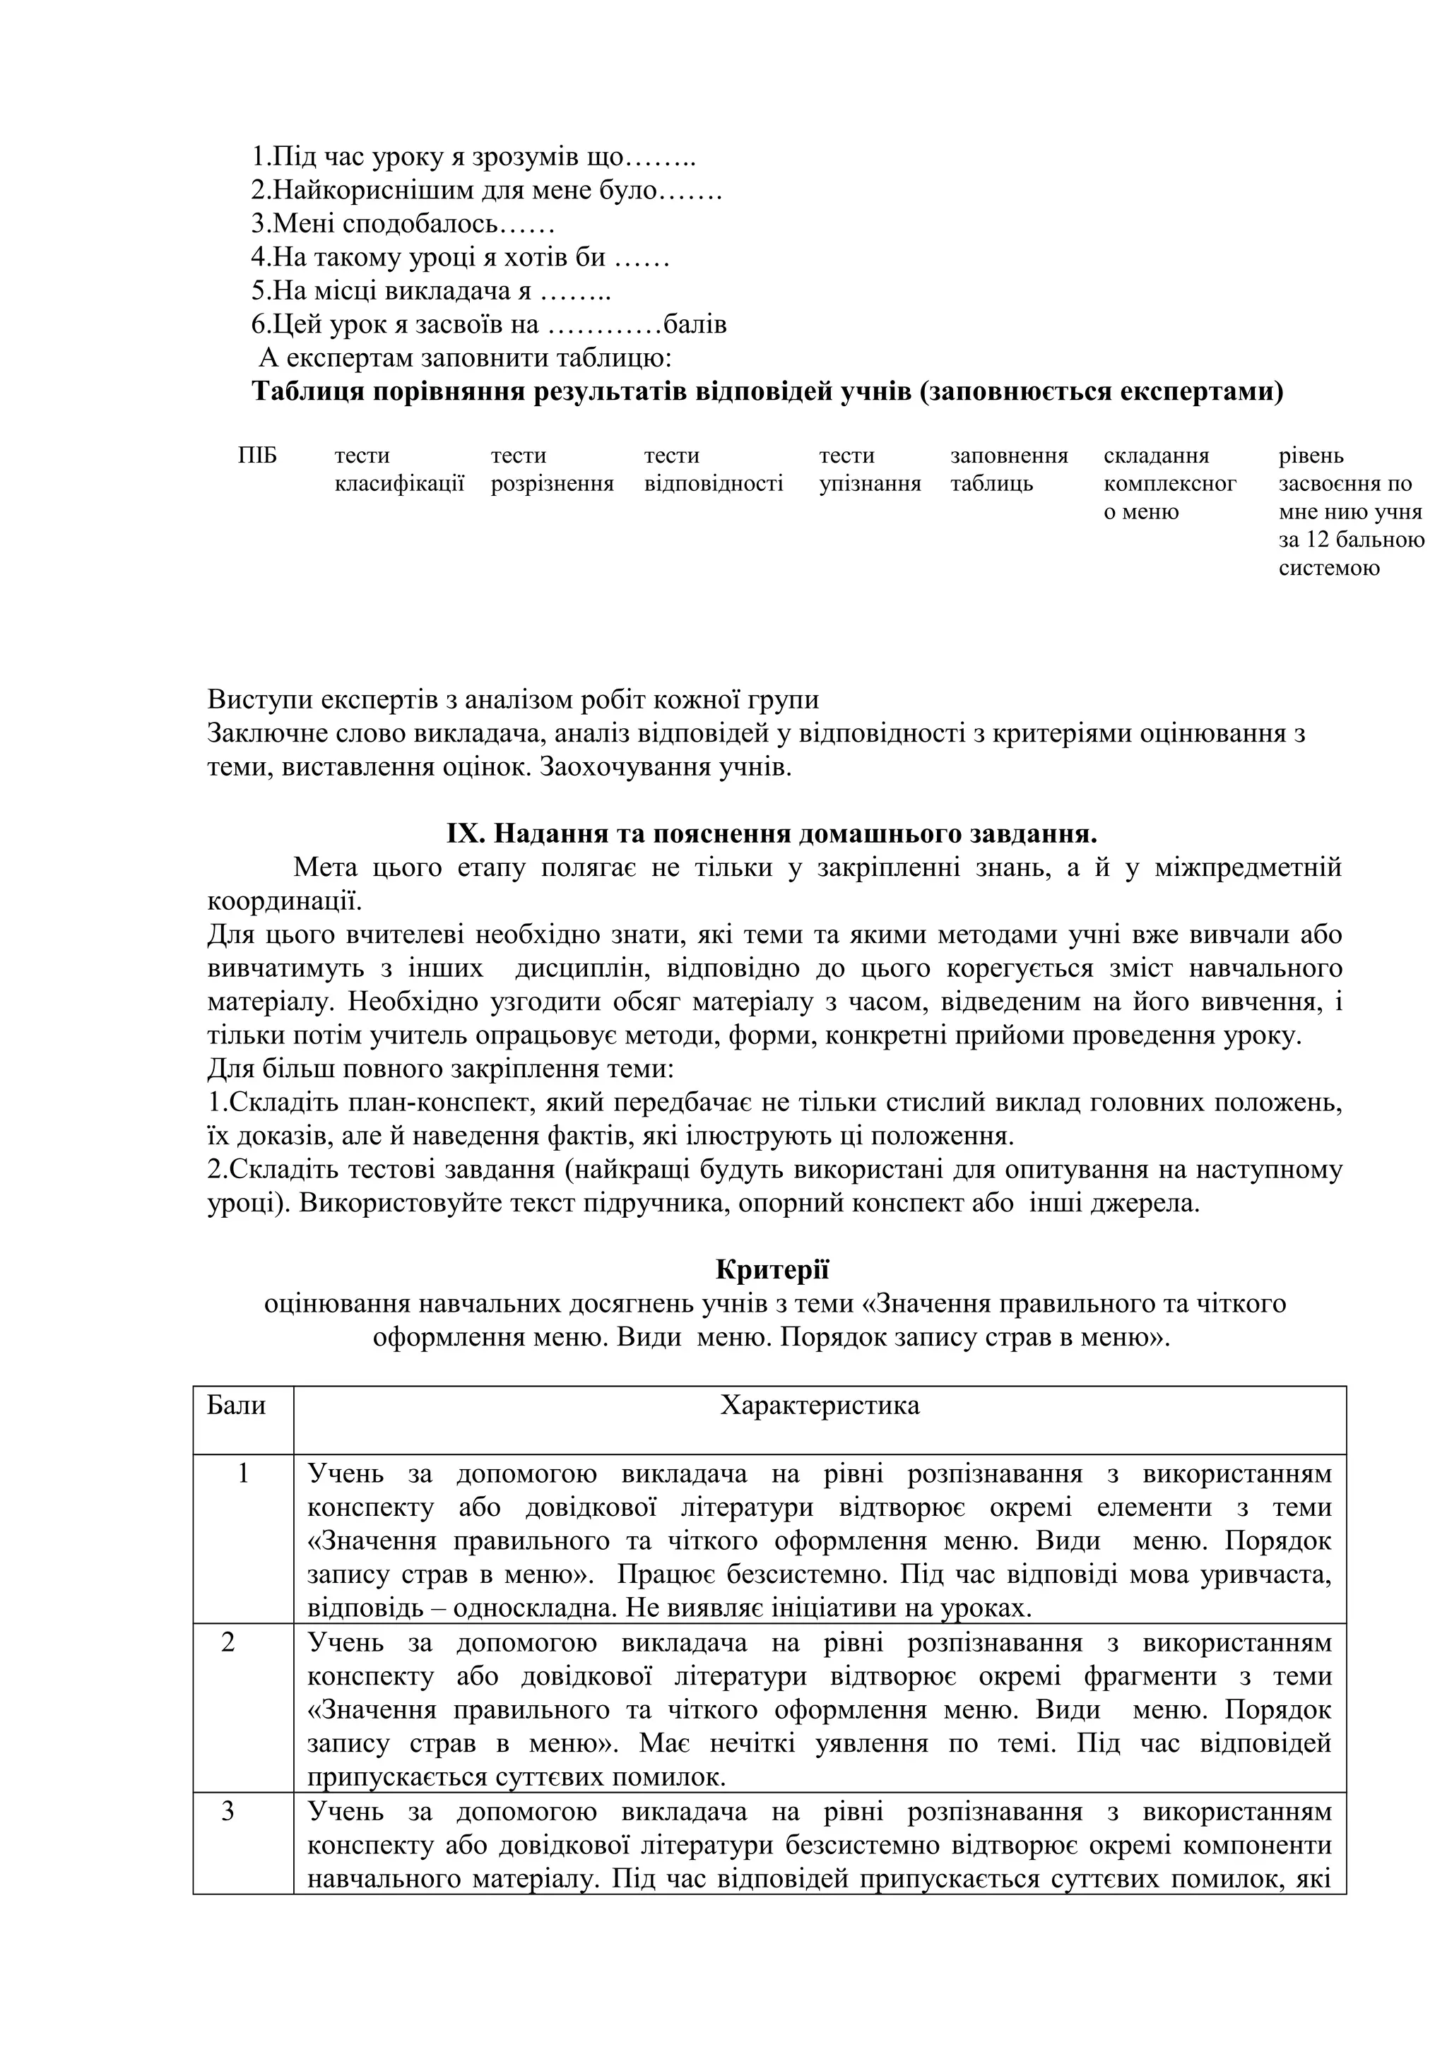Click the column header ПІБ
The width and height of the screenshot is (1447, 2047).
point(258,456)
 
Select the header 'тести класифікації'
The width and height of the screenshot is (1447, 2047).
point(398,470)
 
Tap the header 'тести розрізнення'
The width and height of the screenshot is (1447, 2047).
point(551,470)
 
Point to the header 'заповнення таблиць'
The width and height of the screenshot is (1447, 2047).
point(1008,470)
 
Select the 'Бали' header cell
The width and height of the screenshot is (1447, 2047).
point(236,1406)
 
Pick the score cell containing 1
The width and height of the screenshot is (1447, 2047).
point(243,1473)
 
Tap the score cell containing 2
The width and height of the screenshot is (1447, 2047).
point(228,1642)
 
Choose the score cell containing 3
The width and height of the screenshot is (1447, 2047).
point(228,1811)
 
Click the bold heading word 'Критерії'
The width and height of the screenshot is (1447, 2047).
point(772,1269)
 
